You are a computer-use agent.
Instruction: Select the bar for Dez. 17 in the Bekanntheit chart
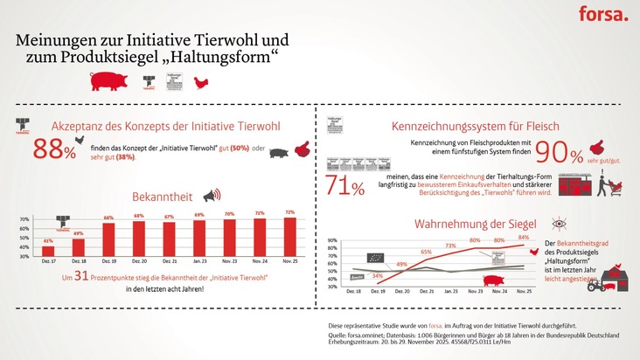pyautogui.click(x=48, y=252)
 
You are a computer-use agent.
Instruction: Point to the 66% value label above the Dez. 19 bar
pyautogui.click(x=109, y=218)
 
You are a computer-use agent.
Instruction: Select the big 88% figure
pyautogui.click(x=54, y=149)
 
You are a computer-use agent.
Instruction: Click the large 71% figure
pyautogui.click(x=345, y=185)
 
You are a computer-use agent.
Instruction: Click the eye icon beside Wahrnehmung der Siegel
pyautogui.click(x=559, y=224)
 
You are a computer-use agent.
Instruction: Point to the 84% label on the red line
pyautogui.click(x=524, y=237)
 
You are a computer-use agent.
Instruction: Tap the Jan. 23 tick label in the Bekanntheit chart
pyautogui.click(x=199, y=262)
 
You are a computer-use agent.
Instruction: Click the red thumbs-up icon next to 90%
pyautogui.click(x=600, y=149)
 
